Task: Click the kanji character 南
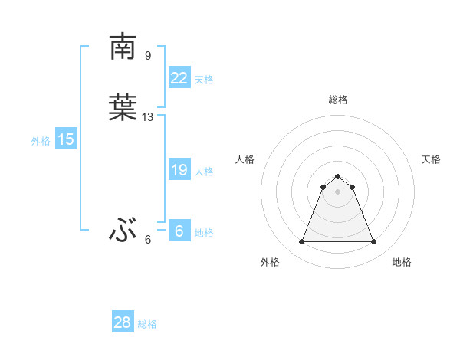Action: point(123,47)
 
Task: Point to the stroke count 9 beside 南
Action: point(148,55)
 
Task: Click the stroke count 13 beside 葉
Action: point(148,117)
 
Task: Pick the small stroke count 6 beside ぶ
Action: point(148,240)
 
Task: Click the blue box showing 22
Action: point(179,77)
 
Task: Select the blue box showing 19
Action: point(179,170)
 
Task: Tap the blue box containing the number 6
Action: point(179,231)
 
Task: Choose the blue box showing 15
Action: point(66,139)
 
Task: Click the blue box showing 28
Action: point(122,322)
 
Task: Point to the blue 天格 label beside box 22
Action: point(204,80)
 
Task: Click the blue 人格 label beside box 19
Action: point(204,172)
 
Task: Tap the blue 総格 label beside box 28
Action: point(147,324)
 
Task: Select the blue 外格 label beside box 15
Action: point(41,141)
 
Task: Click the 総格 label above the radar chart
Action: point(338,100)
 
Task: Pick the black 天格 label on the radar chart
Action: point(431,159)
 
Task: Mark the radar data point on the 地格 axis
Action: point(374,242)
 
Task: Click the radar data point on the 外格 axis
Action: point(301,242)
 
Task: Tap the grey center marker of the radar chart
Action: point(337,191)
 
